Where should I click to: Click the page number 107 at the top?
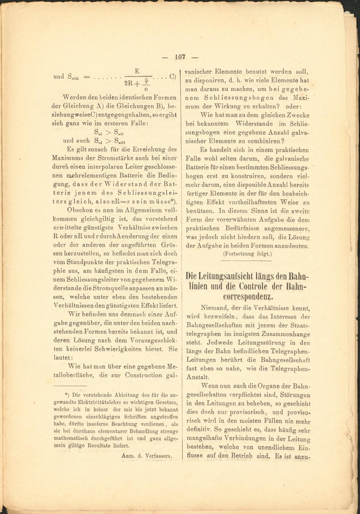[x=180, y=57]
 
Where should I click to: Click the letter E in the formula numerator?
[x=137, y=71]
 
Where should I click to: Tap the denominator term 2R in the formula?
[x=129, y=83]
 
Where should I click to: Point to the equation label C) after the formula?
[x=172, y=77]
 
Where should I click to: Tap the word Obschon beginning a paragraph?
[x=80, y=210]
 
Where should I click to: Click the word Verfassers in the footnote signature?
[x=159, y=456]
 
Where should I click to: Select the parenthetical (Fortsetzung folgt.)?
[x=248, y=254]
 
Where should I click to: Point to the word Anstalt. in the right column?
[x=197, y=377]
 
